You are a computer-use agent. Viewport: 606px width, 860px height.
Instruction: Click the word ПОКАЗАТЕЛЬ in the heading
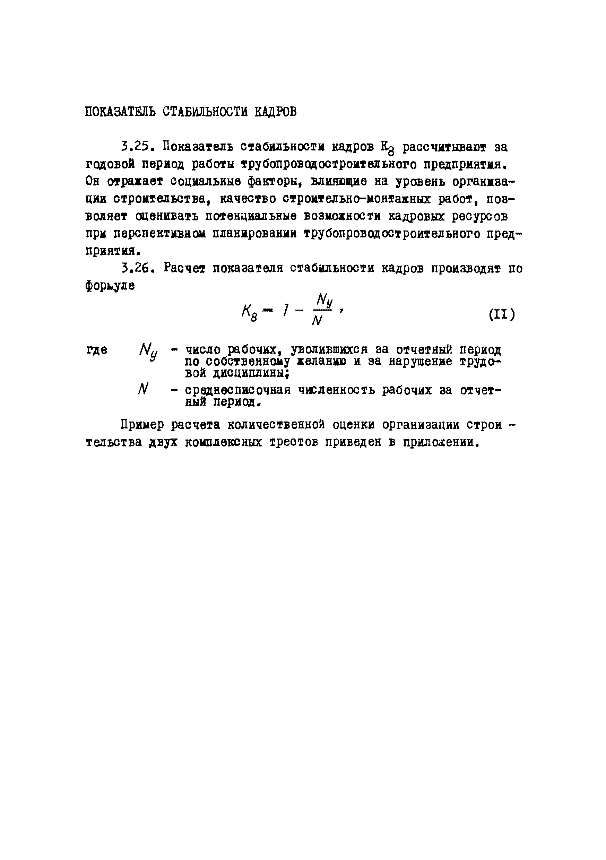click(120, 112)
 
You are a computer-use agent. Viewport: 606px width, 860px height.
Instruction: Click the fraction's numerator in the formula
click(324, 301)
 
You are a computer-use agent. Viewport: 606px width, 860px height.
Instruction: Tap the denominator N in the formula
click(317, 321)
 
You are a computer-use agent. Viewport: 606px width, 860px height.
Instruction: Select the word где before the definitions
click(97, 350)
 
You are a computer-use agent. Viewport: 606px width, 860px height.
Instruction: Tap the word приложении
click(441, 442)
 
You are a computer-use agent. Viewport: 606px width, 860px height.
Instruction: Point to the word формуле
click(110, 286)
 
